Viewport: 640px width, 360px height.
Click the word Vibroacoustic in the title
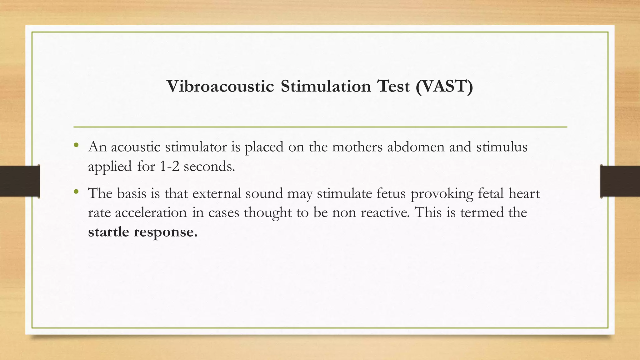coord(220,86)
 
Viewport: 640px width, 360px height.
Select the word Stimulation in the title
coord(326,86)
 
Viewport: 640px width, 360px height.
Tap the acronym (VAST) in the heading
coord(444,86)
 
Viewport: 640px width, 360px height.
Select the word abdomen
coord(416,147)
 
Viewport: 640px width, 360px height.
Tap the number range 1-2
coord(170,166)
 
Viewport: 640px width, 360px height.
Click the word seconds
coord(209,166)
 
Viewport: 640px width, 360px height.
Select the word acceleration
coord(151,213)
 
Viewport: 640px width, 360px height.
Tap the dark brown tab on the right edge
coord(620,181)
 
